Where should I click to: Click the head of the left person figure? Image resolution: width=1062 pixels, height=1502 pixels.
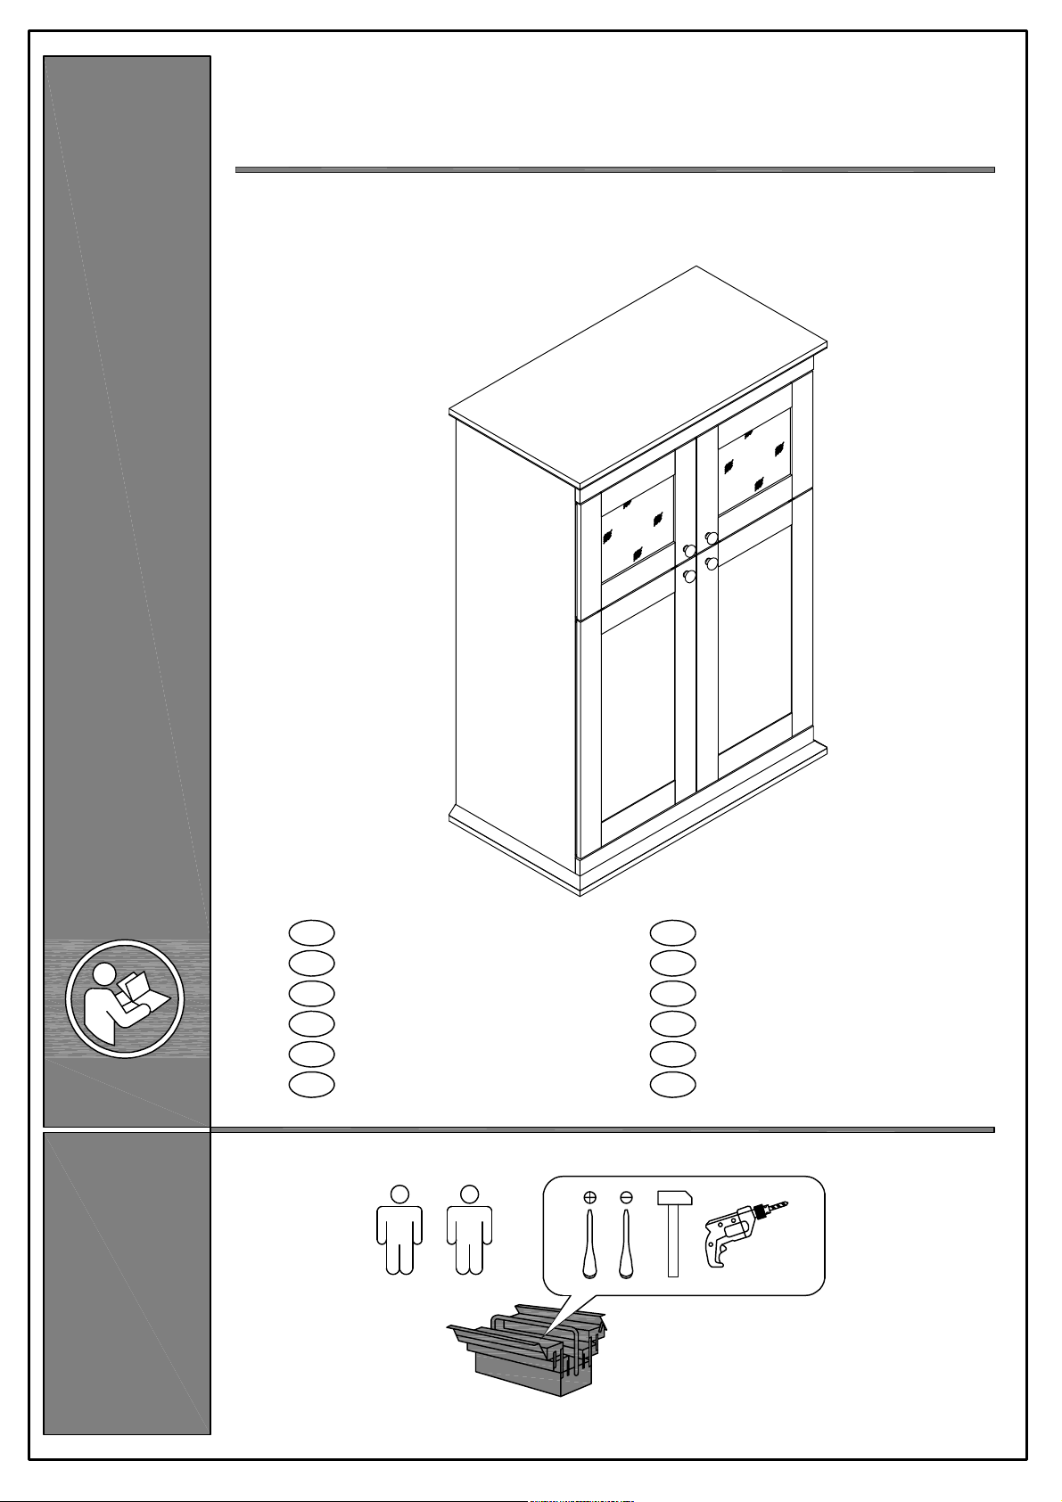coord(399,1193)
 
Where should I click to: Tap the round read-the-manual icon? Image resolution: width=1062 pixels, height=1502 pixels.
coord(125,997)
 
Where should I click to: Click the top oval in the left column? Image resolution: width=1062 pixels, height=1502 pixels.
coord(312,932)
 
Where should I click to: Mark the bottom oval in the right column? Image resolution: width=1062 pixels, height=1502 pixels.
coord(673,1084)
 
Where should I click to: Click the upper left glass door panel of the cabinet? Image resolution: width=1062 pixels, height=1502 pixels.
coord(638,530)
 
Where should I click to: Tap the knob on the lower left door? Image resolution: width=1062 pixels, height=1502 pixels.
coord(689,576)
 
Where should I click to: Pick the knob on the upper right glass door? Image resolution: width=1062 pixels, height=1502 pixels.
coord(711,538)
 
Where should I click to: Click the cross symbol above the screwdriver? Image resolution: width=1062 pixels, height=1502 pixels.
coord(589,1197)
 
